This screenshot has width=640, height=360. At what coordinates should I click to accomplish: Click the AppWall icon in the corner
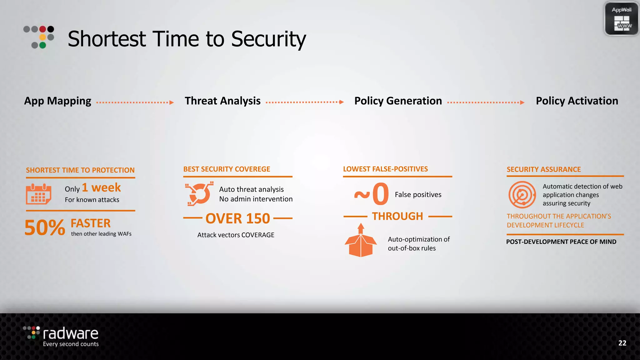[621, 19]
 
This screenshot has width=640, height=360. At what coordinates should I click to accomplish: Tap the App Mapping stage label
[58, 101]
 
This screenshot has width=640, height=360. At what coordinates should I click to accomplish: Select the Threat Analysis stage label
[222, 101]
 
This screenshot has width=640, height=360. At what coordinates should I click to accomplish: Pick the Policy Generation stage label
[398, 101]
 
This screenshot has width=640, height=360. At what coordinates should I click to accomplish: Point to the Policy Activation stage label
[577, 101]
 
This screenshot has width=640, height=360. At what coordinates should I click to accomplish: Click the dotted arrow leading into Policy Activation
[486, 102]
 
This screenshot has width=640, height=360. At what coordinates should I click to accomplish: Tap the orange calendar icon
[38, 194]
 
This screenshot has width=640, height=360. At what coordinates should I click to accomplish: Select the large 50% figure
[45, 227]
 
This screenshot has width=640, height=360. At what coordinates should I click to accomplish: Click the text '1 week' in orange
[101, 187]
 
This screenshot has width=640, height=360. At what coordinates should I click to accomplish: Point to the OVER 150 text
[237, 218]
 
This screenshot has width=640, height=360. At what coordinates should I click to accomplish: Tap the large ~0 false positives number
[372, 194]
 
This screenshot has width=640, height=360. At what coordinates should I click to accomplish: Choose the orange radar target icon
[522, 195]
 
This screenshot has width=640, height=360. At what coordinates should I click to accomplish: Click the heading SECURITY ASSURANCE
[543, 169]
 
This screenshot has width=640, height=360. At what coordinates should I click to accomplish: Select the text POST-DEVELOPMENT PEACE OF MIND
[561, 242]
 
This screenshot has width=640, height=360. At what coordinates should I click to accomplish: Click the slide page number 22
[622, 343]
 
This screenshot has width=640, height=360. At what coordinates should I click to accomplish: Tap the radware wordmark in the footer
[70, 334]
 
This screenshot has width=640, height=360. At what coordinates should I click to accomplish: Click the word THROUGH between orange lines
[397, 216]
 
